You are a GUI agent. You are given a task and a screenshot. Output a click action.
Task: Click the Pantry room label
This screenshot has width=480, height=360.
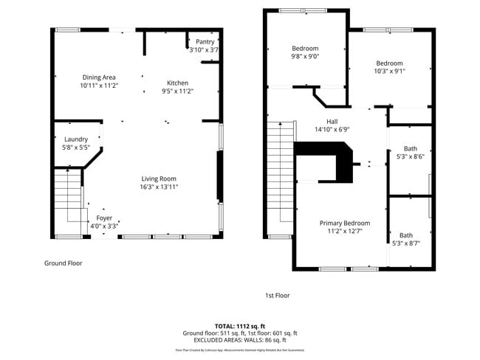(x=205, y=41)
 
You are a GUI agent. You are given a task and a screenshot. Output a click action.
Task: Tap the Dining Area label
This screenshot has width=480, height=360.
(x=99, y=77)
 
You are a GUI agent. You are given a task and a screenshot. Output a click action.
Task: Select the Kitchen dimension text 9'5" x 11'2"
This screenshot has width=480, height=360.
(x=177, y=91)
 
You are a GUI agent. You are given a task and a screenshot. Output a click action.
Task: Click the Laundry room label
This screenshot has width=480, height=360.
(x=76, y=139)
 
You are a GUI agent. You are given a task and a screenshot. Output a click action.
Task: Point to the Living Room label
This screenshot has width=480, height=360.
(x=160, y=178)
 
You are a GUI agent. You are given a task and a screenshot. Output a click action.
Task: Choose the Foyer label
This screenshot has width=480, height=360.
(x=104, y=218)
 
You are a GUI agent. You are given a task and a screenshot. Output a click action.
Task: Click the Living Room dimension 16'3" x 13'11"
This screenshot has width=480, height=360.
(x=160, y=187)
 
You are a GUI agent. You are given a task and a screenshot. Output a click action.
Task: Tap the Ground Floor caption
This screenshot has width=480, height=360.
(x=64, y=263)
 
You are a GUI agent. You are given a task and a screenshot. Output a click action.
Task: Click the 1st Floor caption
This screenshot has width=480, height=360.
(x=278, y=295)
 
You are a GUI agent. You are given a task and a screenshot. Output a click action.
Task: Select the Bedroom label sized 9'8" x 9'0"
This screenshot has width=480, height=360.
(x=304, y=48)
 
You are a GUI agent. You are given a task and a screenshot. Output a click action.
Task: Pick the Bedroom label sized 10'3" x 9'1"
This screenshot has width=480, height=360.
(x=388, y=63)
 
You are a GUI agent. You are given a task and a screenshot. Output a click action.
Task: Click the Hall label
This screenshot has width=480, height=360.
(x=332, y=120)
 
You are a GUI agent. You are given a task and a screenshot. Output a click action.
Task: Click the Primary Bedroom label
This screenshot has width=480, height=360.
(x=344, y=223)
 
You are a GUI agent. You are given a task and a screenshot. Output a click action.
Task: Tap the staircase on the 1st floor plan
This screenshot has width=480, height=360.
(x=281, y=177)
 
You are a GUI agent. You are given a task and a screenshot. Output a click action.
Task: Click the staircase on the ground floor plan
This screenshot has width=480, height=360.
(x=69, y=195)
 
